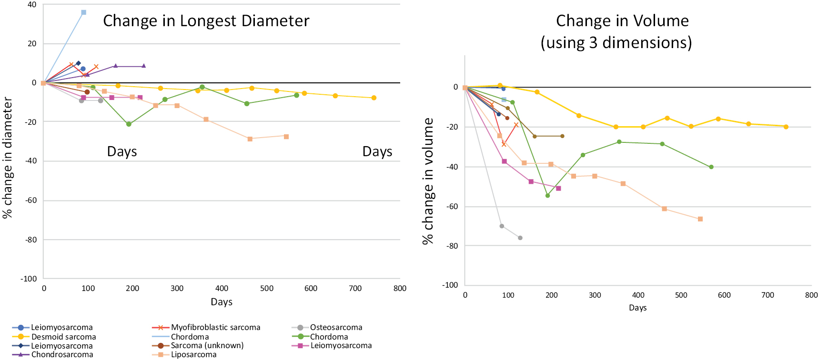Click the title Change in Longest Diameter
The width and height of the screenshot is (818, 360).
tap(206, 21)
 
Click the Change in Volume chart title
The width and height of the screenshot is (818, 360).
tap(622, 31)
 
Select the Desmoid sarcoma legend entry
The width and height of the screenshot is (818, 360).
tap(63, 337)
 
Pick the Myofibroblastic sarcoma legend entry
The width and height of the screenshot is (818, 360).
tap(215, 328)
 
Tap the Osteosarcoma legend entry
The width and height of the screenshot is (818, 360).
tap(336, 328)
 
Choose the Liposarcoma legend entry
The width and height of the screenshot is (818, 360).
tap(193, 355)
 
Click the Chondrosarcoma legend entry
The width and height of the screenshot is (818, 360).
tap(62, 355)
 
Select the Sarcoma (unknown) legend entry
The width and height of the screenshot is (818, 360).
tap(207, 346)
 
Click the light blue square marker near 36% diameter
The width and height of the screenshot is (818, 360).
tap(84, 12)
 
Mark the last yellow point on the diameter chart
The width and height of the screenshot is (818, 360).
tap(374, 98)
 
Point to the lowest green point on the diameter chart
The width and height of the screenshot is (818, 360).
tap(129, 124)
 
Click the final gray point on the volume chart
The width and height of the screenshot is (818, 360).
tap(520, 238)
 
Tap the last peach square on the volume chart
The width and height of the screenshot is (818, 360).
tap(700, 219)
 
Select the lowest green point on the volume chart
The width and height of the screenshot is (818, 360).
tap(547, 195)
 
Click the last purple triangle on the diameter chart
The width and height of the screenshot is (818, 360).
tap(143, 66)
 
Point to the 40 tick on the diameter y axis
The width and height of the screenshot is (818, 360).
tap(32, 5)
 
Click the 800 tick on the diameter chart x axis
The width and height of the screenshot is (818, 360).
tap(400, 289)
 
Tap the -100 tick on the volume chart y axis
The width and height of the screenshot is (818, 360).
tap(450, 285)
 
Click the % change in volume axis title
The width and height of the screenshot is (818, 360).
tap(428, 181)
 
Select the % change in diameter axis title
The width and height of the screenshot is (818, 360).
tap(8, 157)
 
